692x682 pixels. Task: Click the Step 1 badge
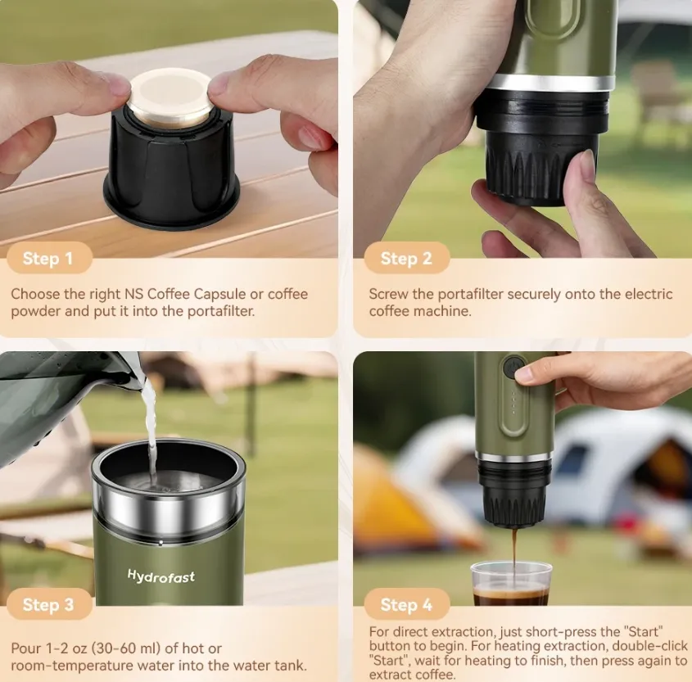[49, 258]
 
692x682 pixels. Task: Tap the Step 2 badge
[406, 258]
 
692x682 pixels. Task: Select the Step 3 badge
[49, 604]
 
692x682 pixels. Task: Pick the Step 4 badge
[406, 604]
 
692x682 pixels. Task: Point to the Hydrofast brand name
[161, 576]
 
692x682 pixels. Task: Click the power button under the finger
[513, 367]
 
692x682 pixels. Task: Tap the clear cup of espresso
[511, 583]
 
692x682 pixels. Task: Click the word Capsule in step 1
[219, 294]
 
